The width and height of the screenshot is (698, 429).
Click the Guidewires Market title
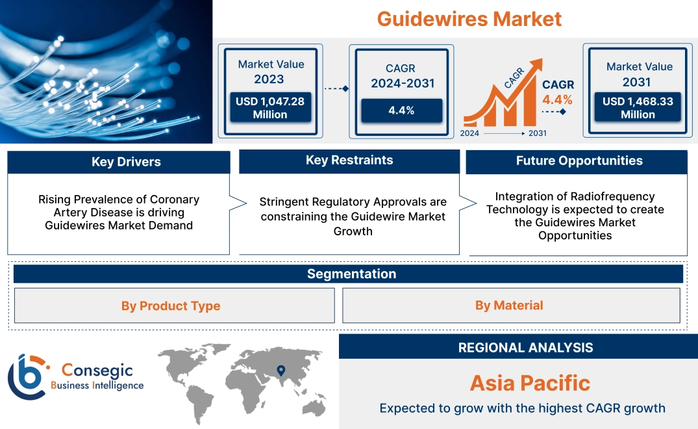tap(469, 18)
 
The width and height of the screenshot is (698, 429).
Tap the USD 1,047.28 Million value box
tap(270, 107)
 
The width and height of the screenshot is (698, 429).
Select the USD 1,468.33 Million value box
tap(638, 107)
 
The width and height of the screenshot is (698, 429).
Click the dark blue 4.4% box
tap(401, 110)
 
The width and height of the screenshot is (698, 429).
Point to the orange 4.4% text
tap(557, 99)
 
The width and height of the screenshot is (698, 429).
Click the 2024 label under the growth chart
tap(470, 133)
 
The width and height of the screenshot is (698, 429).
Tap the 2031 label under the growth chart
tap(537, 133)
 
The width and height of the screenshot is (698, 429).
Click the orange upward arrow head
tap(536, 65)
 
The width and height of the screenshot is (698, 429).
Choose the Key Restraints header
tap(349, 161)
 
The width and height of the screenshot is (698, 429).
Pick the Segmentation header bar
tap(351, 274)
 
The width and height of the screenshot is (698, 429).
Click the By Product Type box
tap(171, 305)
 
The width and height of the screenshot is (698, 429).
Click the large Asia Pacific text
tap(530, 383)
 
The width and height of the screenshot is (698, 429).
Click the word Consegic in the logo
tap(97, 370)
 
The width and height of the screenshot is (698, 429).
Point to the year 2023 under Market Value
tap(269, 79)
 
